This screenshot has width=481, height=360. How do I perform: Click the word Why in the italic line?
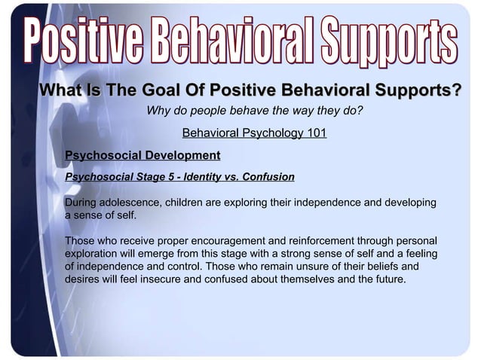pyautogui.click(x=158, y=111)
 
